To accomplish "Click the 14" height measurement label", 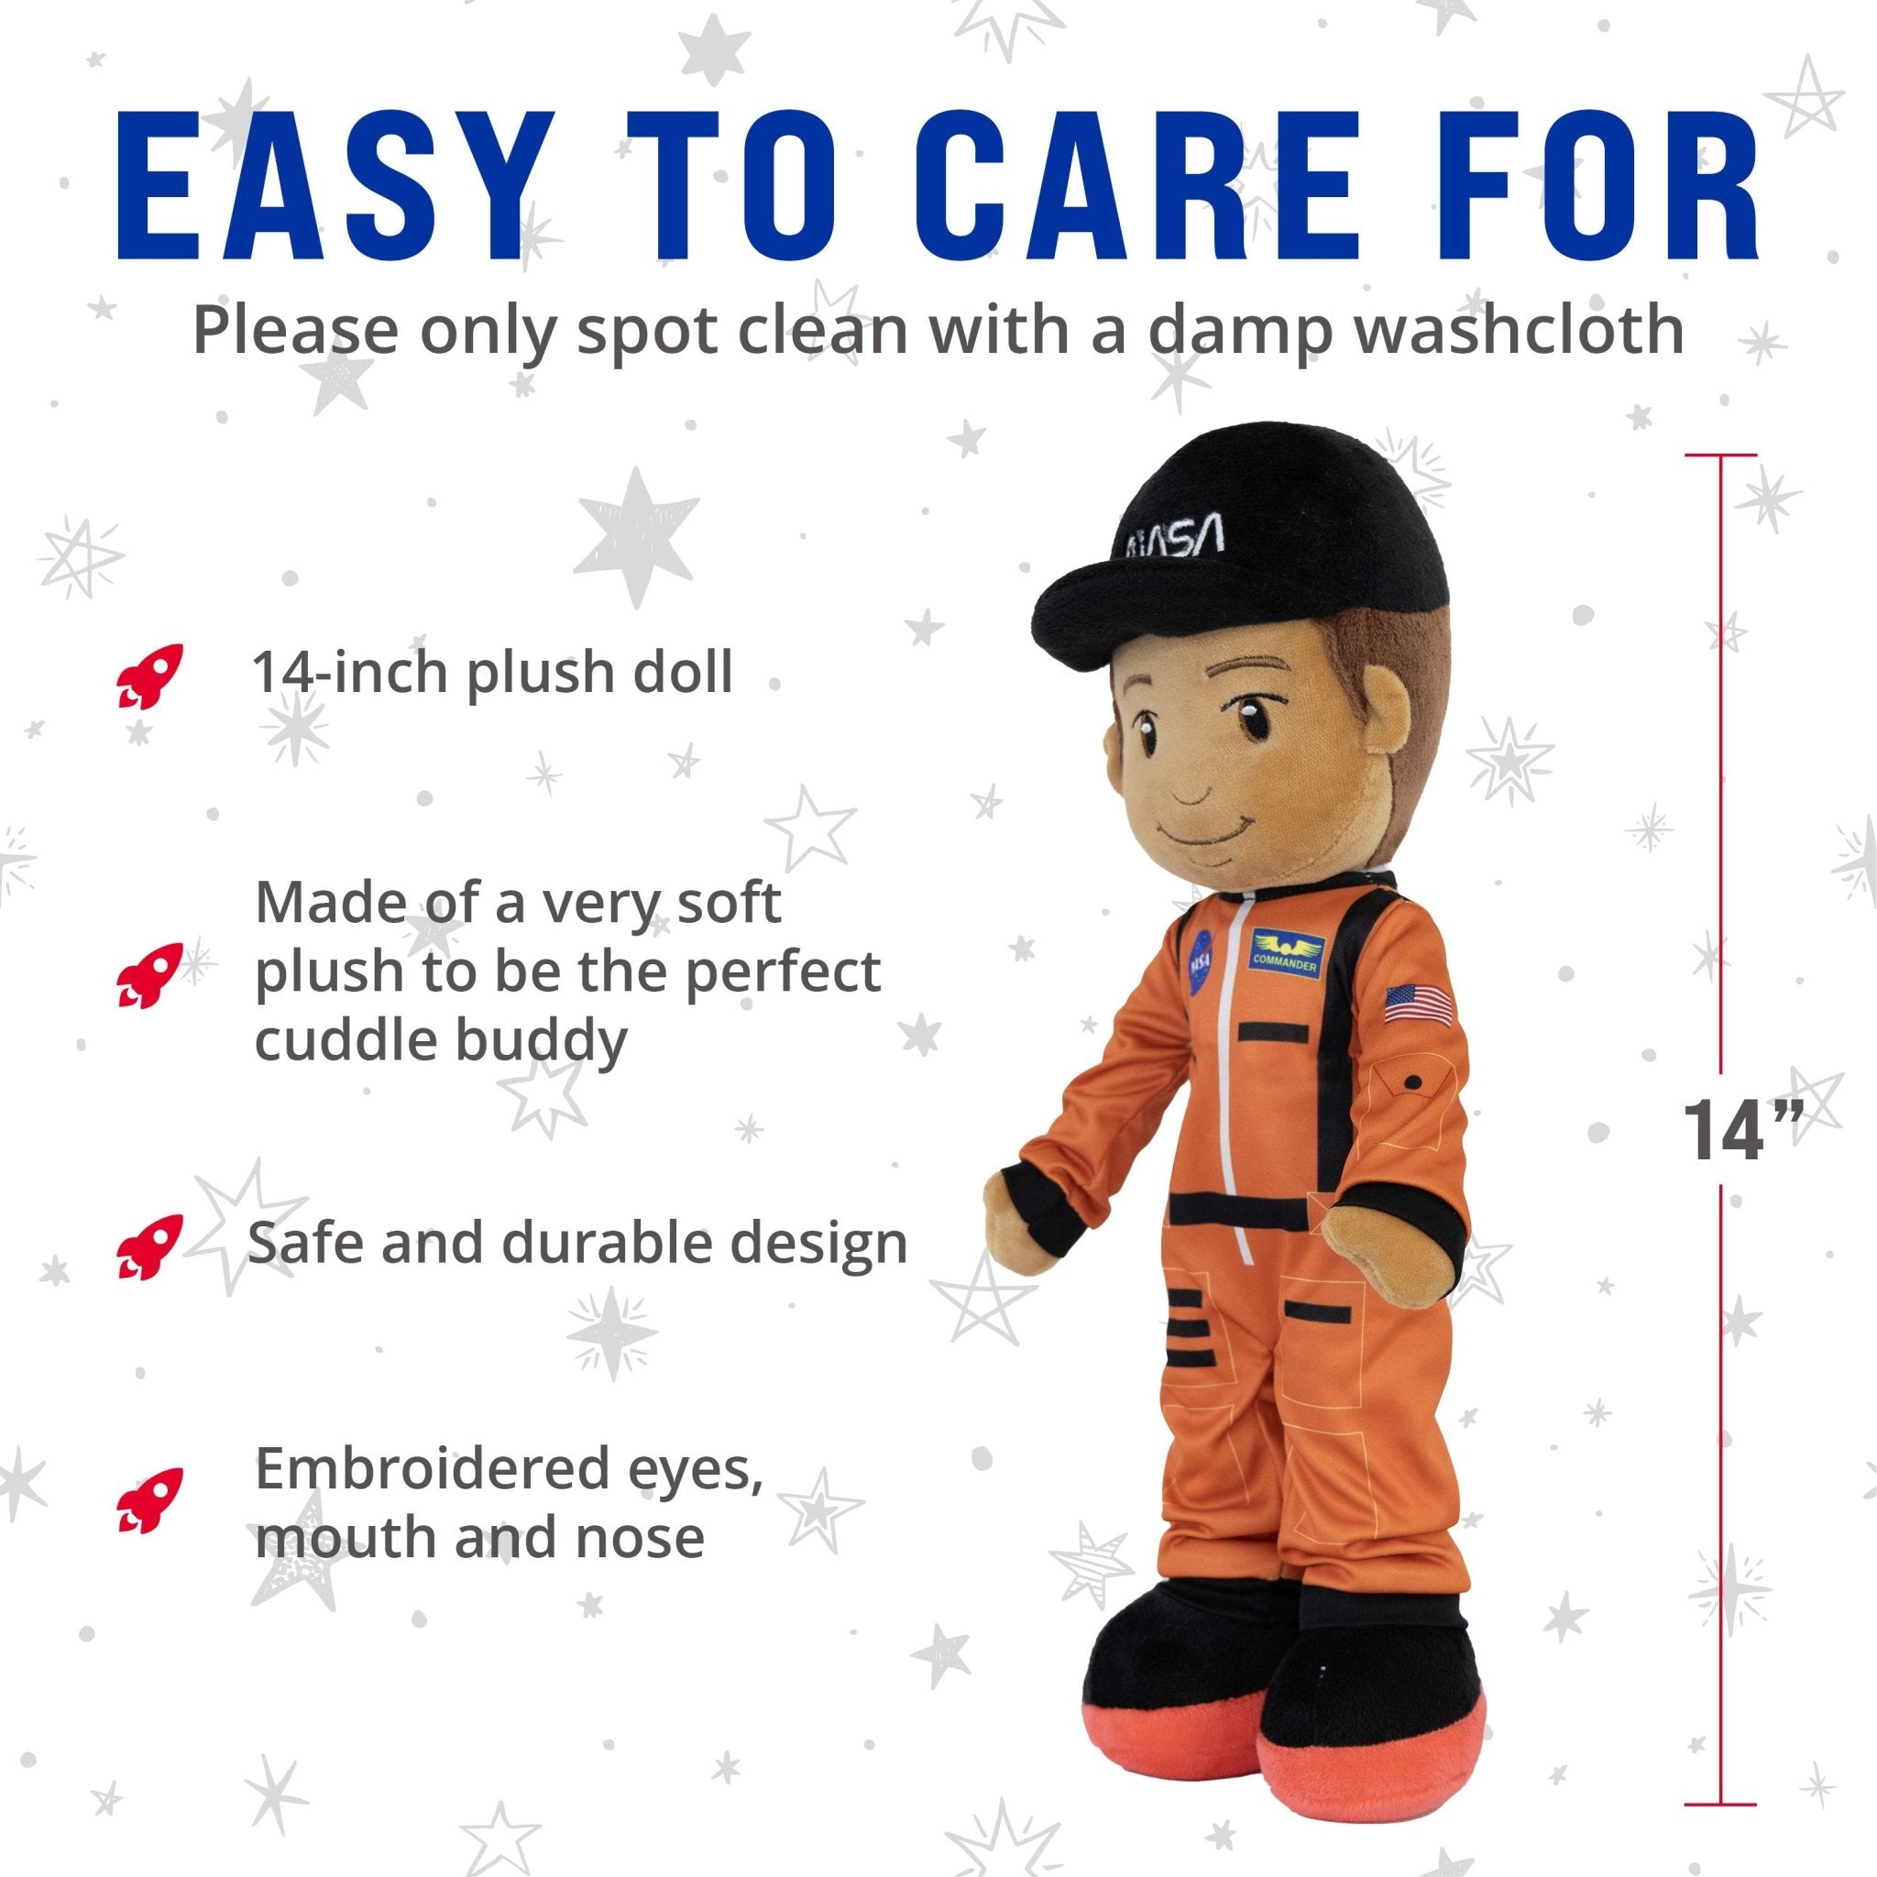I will click(1739, 1131).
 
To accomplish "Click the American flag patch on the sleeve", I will click(1419, 1004).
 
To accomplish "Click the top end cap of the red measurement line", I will click(1720, 455).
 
